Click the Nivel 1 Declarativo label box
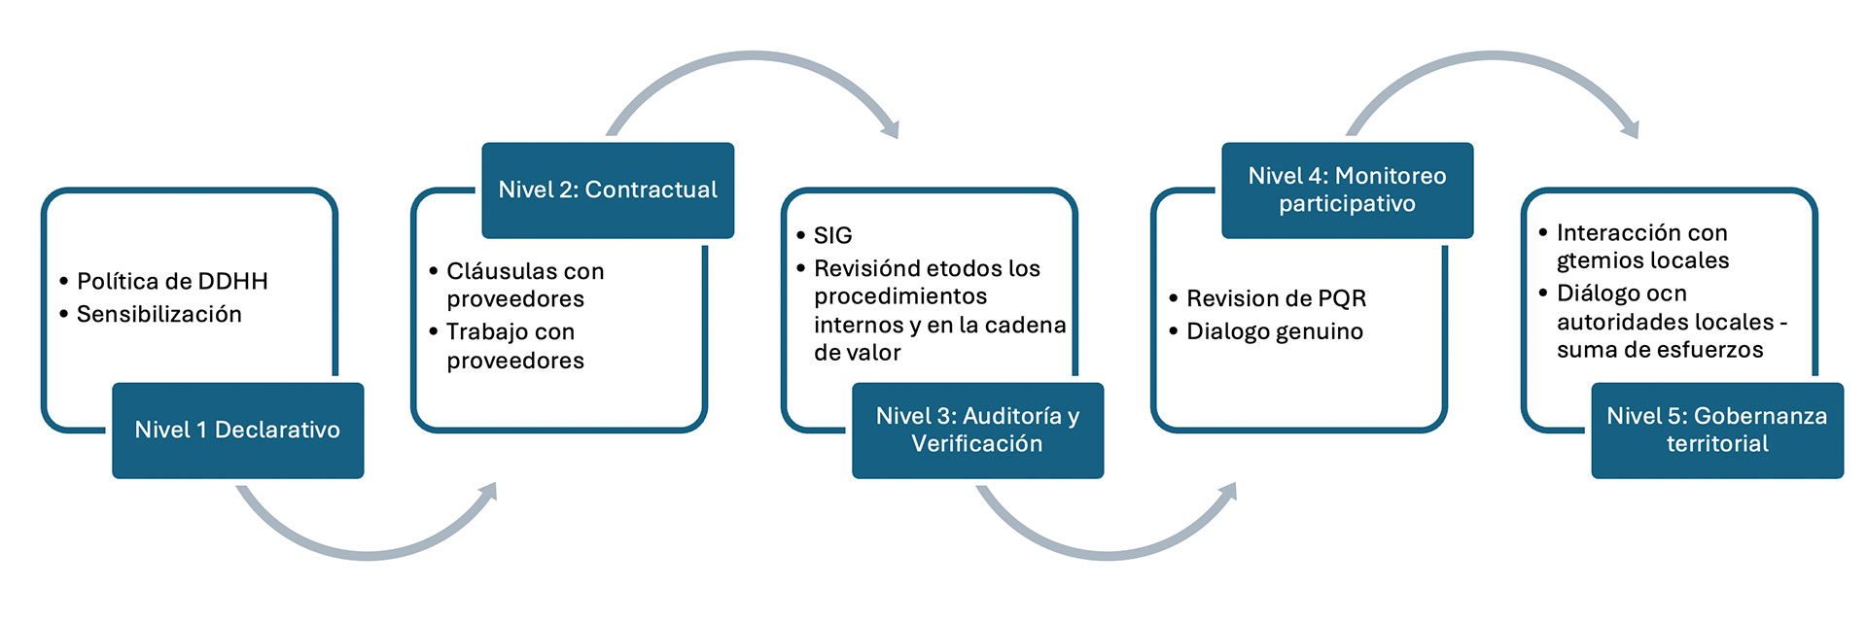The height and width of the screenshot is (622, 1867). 237,431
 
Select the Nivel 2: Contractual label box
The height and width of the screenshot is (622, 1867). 608,190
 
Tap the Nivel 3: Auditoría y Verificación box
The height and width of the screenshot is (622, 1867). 977,431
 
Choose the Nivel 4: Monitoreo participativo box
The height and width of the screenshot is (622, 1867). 1347,190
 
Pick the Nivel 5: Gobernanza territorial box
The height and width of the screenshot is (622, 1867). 1716,431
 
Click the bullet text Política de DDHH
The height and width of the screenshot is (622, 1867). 172,282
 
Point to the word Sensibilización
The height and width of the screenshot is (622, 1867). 159,315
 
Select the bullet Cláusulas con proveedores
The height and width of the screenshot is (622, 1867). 525,285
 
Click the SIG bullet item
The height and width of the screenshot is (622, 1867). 832,236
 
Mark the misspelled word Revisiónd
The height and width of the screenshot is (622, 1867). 862,269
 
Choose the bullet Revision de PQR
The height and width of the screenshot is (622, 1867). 1276,299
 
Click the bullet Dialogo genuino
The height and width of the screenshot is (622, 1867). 1275,332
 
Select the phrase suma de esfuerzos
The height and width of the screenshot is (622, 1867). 1660,350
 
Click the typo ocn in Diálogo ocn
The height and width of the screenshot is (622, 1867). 1667,294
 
